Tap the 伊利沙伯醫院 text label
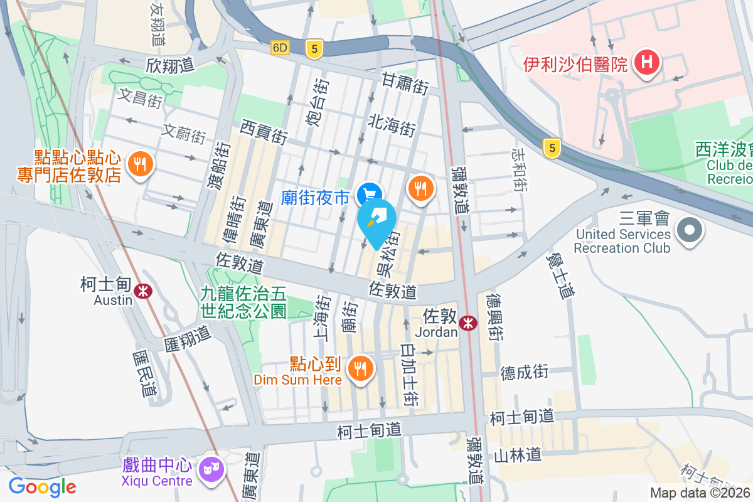click(575, 64)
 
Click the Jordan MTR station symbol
click(467, 323)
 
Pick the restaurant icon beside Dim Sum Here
click(360, 367)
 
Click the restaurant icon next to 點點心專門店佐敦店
click(139, 164)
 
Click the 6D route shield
click(280, 48)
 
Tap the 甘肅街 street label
click(405, 83)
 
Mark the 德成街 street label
click(524, 372)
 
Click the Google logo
click(42, 486)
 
